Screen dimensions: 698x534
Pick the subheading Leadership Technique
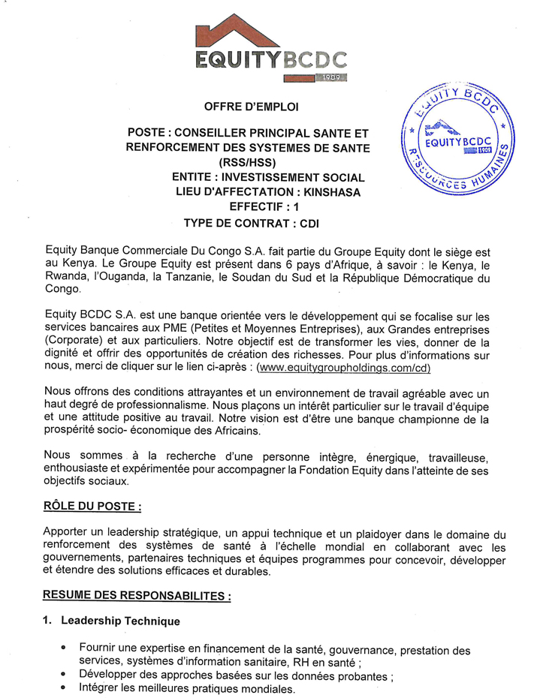click(x=119, y=621)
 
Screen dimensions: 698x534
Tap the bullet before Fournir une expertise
click(x=63, y=647)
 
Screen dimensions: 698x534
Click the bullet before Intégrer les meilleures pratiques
click(x=63, y=688)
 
